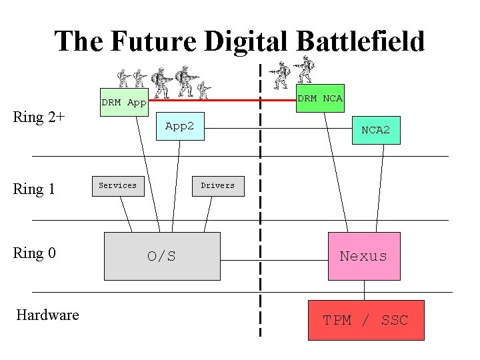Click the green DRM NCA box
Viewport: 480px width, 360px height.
(319, 98)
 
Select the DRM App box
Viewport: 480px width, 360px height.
(123, 103)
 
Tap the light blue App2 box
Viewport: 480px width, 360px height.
(179, 127)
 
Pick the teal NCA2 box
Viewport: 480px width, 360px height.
(375, 130)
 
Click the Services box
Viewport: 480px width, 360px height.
(117, 185)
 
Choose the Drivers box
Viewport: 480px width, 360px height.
(217, 185)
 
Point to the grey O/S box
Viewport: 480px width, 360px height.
(162, 256)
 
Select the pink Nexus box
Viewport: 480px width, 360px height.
(363, 256)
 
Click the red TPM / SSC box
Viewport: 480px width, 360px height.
(365, 320)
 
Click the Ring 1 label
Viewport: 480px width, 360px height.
(34, 189)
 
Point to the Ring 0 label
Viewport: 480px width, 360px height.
(34, 253)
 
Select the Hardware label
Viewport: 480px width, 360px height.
(47, 315)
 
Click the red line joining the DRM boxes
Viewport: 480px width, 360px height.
(220, 101)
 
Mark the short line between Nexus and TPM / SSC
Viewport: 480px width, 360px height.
(365, 290)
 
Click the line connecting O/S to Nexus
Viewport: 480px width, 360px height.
(273, 256)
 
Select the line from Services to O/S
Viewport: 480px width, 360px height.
(125, 214)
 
